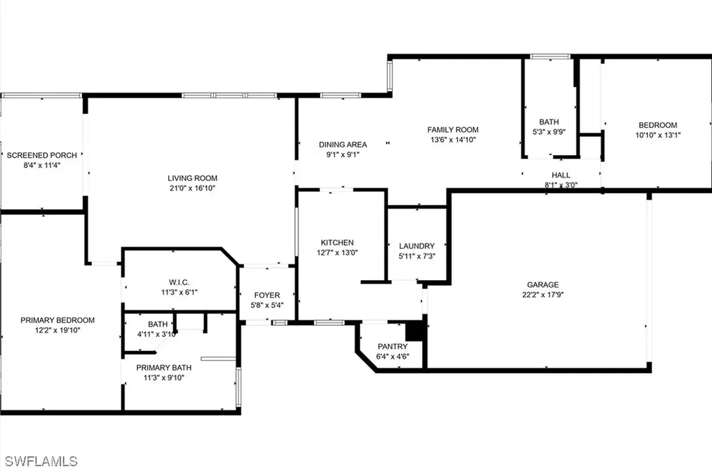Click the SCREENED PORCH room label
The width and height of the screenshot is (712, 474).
(x=42, y=155)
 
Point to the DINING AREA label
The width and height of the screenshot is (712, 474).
(x=343, y=145)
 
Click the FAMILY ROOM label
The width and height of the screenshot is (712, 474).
(x=453, y=129)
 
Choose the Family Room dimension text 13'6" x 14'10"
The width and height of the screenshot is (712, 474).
(x=453, y=139)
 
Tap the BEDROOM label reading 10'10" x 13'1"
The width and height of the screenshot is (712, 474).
(x=657, y=125)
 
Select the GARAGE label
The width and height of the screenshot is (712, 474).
(x=542, y=284)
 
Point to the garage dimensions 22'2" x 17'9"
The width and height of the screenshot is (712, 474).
(x=542, y=294)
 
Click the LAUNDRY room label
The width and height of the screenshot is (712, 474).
(x=416, y=246)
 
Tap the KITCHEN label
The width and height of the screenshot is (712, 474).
(x=337, y=243)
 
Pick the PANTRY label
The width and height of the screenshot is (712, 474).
(x=392, y=347)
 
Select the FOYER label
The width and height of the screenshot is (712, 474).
(x=267, y=295)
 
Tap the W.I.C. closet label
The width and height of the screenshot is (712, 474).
(x=179, y=282)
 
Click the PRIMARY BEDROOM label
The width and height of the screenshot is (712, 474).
(x=57, y=320)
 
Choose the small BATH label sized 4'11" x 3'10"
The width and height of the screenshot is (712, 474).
(x=158, y=324)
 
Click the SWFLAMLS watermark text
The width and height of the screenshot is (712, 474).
(x=41, y=461)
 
